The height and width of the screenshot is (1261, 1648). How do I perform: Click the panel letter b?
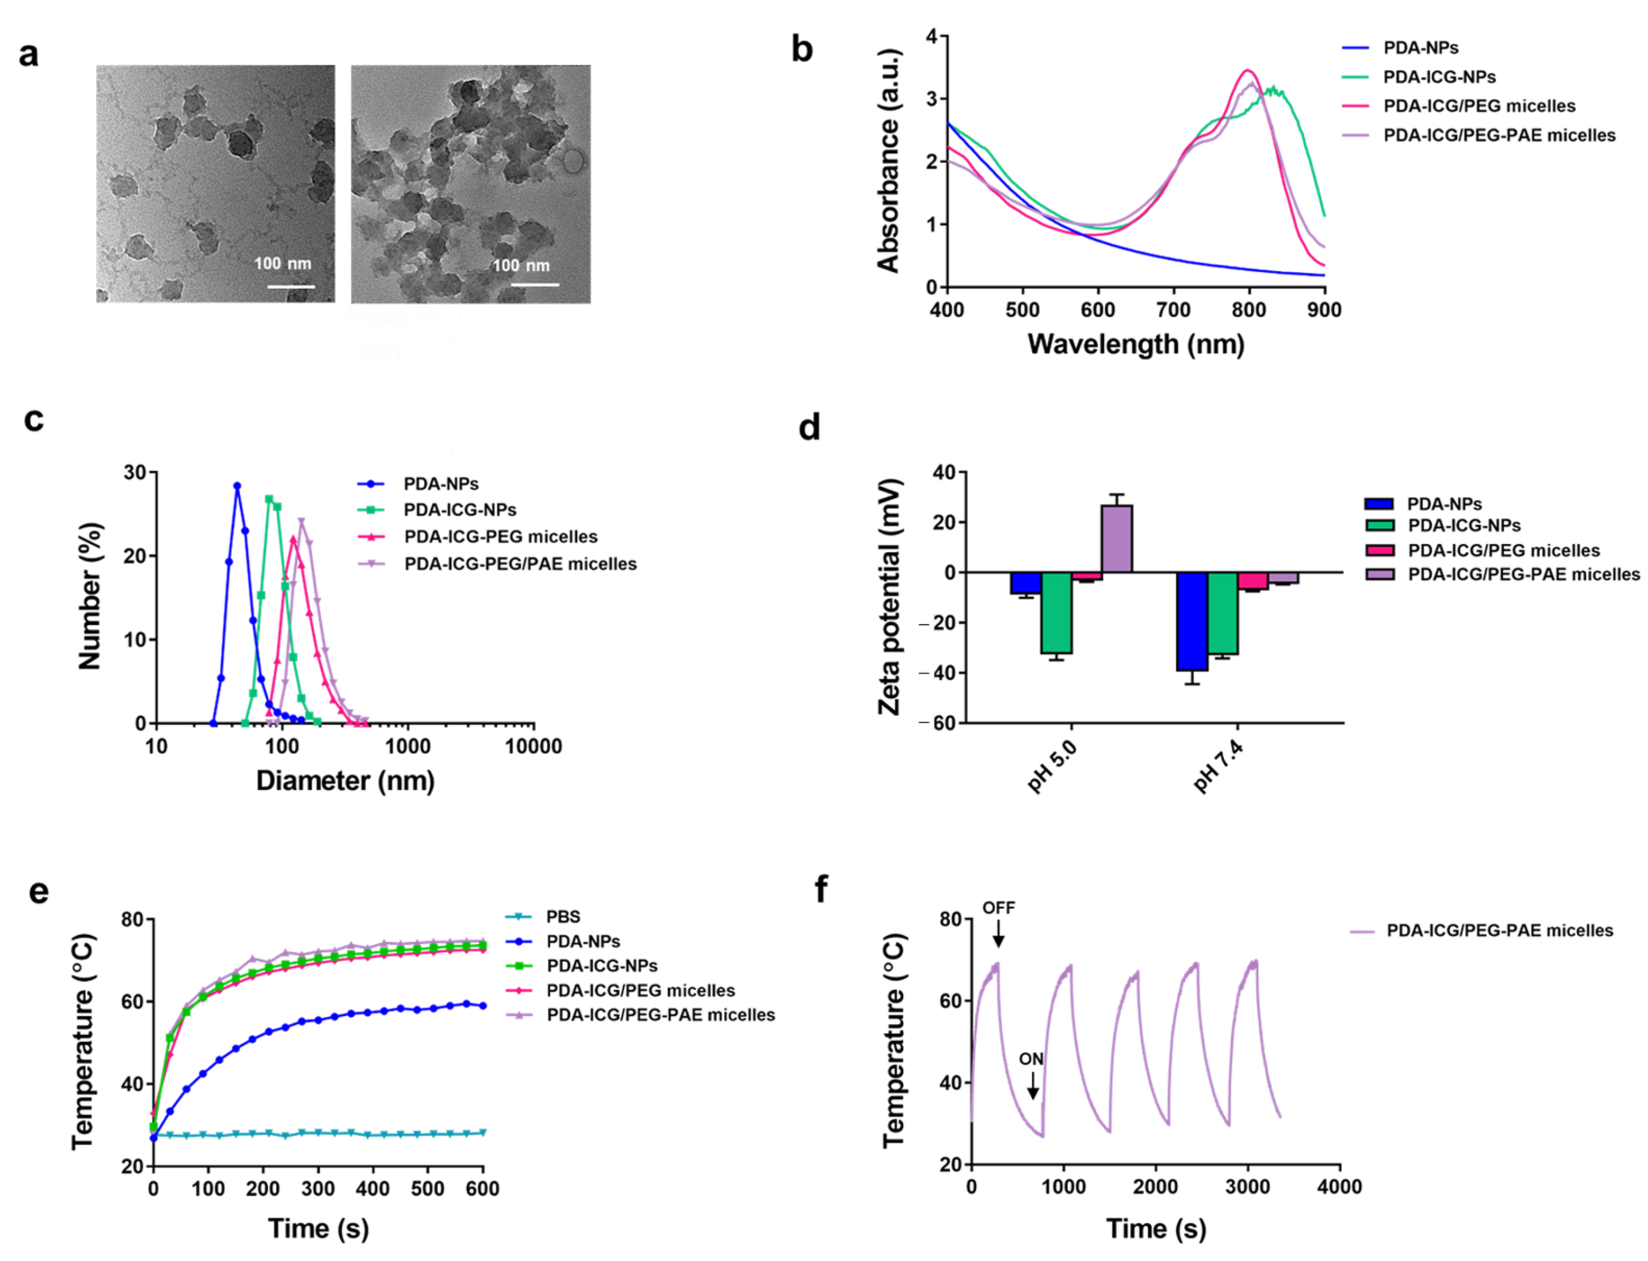tap(802, 50)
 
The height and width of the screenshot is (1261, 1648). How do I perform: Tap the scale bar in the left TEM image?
tap(291, 286)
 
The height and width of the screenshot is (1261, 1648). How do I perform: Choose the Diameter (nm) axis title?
tap(345, 780)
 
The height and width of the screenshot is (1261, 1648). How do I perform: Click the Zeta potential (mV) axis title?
tap(890, 597)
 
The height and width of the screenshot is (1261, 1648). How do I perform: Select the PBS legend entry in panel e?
tap(562, 916)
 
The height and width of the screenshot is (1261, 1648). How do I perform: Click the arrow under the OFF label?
tap(998, 934)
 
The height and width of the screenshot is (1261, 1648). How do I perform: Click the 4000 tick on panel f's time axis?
tap(1340, 1187)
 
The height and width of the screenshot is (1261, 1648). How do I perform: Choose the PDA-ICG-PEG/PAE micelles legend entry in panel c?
tap(520, 564)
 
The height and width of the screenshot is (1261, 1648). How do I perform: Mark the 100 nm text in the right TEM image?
tap(520, 266)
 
